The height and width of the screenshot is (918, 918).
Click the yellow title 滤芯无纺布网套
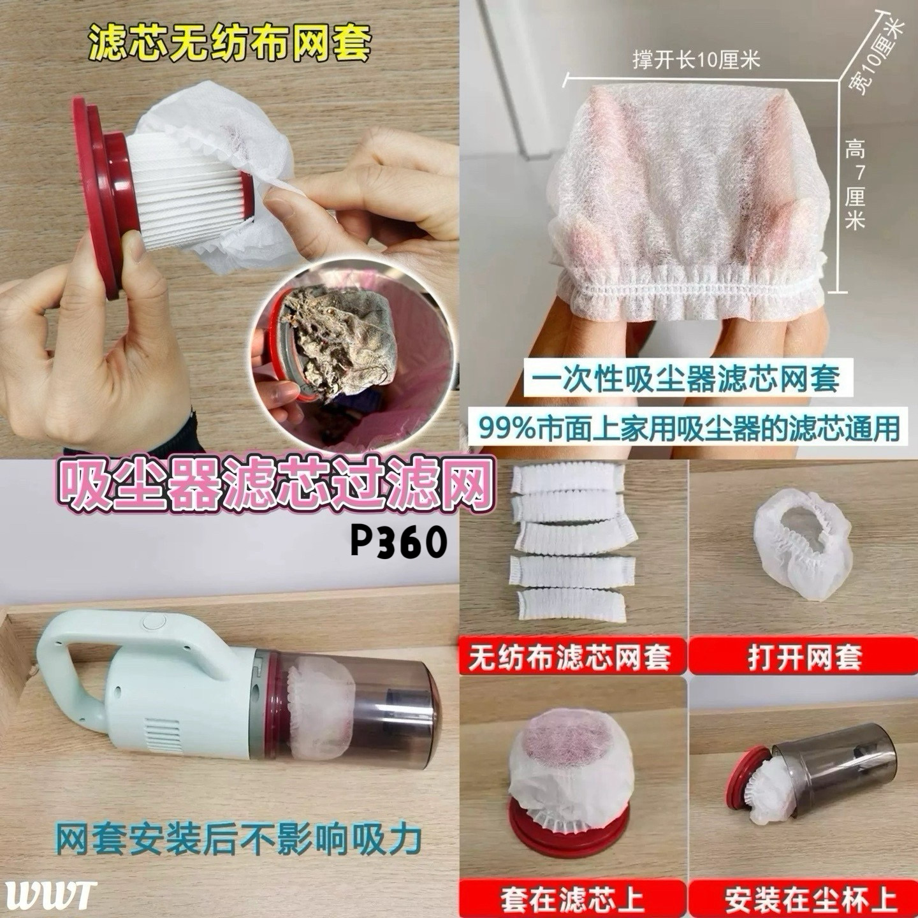point(229,44)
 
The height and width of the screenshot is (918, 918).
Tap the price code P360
point(398,543)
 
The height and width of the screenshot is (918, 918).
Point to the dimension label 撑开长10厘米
point(696,61)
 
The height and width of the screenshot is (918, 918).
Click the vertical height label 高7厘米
point(855,189)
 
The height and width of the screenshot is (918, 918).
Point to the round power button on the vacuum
point(154,622)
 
